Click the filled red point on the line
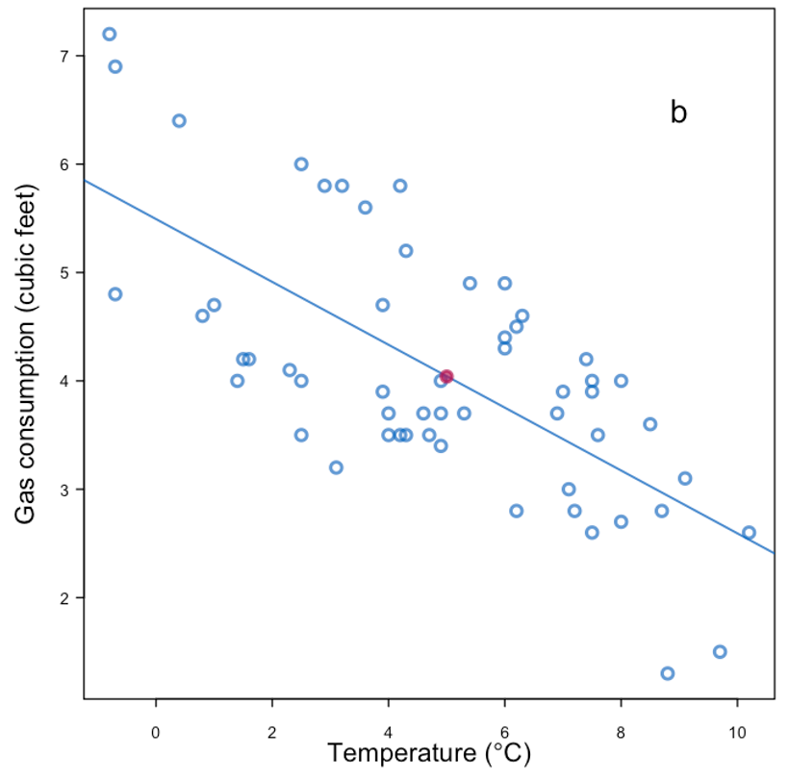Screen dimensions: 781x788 (446, 376)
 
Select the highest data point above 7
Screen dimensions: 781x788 (110, 34)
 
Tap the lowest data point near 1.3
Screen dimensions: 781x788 (668, 673)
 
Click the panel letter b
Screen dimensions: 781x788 (678, 113)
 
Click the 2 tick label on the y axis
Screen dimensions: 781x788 (64, 598)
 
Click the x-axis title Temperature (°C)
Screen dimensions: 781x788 (428, 753)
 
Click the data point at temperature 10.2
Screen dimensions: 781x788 (749, 533)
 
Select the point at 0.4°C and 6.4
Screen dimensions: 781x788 (179, 120)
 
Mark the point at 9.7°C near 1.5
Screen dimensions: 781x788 (720, 652)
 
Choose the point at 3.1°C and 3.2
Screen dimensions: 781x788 (336, 467)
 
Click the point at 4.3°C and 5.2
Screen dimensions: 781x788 (406, 251)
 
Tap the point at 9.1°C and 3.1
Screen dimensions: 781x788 (685, 478)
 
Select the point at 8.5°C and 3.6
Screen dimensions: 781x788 (650, 424)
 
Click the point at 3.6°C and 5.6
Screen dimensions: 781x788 (366, 208)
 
